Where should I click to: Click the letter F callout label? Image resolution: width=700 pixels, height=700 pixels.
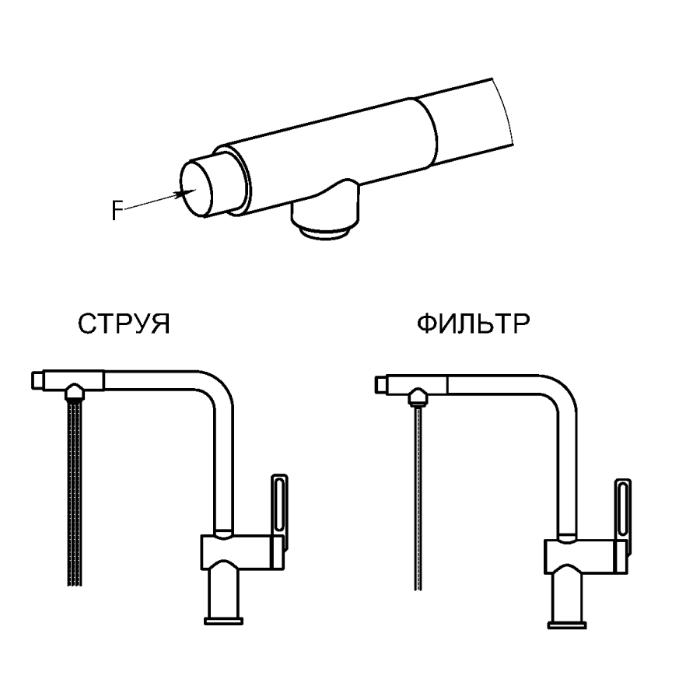(117, 211)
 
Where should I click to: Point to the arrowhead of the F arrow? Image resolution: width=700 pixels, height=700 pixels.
(185, 194)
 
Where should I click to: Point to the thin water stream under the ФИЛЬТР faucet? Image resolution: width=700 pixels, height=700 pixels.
(418, 506)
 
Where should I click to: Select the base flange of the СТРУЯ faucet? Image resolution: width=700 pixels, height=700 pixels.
(226, 620)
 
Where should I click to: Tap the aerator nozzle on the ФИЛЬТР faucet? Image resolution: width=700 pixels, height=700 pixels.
(418, 398)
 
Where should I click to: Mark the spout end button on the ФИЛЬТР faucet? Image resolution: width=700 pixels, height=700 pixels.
(382, 383)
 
